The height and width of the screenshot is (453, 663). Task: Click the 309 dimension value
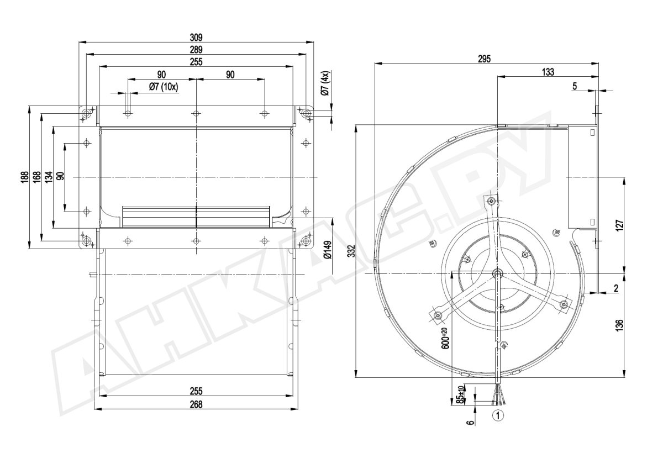(196, 38)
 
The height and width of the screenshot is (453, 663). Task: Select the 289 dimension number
(196, 50)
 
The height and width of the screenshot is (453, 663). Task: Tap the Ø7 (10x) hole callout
(164, 87)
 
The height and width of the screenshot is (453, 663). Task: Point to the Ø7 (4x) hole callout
(325, 83)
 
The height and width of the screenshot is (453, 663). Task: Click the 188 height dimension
(25, 177)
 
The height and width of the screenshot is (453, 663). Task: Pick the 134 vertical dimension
(49, 177)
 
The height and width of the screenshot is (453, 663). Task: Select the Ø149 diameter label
(328, 250)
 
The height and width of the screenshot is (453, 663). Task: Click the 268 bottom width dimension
(196, 404)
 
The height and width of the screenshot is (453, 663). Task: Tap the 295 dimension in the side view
(484, 59)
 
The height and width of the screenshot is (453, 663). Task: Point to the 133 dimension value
(548, 72)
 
